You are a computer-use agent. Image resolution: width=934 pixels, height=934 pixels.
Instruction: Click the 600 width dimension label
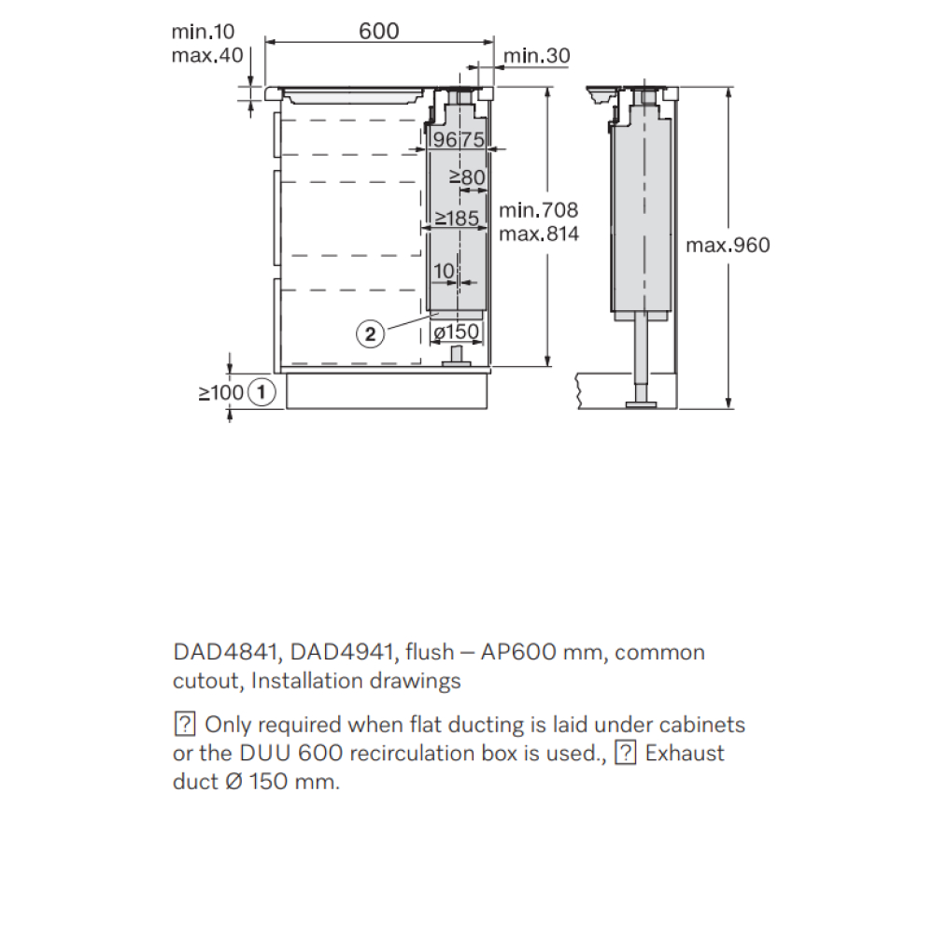379,31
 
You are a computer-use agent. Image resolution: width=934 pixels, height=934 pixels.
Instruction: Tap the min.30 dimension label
537,55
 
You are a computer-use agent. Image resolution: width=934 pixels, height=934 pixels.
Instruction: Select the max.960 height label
728,245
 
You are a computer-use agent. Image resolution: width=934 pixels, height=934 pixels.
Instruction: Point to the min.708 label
539,209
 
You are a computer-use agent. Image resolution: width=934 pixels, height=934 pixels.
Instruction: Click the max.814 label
539,233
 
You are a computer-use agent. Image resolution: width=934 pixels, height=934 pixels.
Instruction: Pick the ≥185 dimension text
457,219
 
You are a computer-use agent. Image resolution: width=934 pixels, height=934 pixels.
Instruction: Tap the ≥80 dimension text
467,177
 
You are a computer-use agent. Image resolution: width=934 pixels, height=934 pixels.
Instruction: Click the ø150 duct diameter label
457,332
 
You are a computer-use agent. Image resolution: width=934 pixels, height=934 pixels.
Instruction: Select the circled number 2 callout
371,333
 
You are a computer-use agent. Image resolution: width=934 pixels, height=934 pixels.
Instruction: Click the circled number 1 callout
261,392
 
